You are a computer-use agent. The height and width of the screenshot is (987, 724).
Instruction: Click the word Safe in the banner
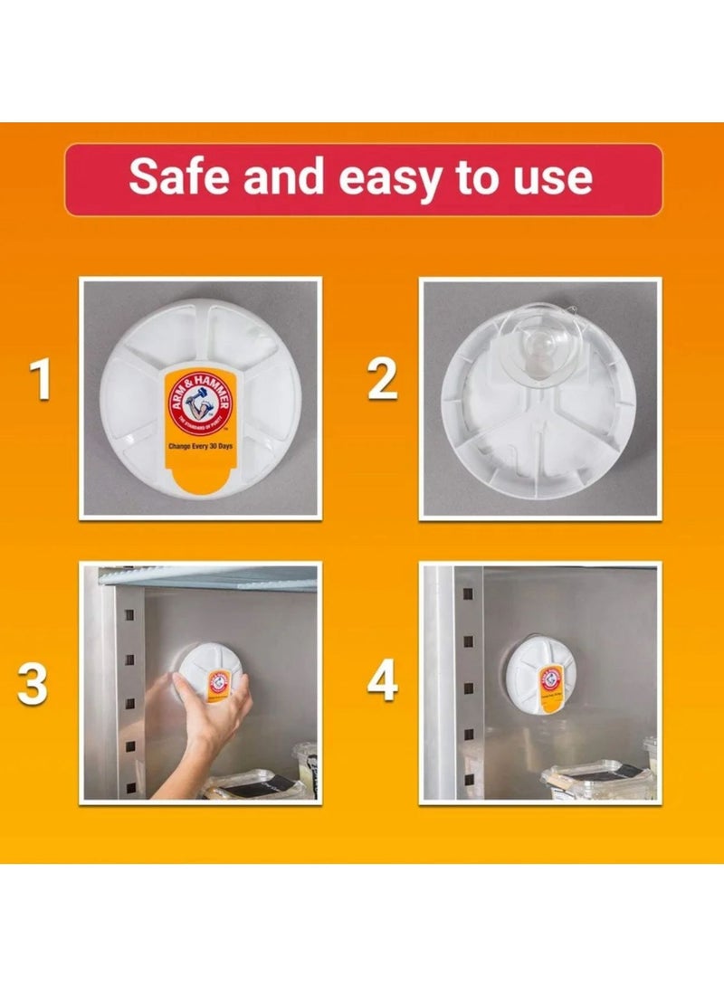tap(180, 178)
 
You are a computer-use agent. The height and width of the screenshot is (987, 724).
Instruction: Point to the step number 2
tap(382, 380)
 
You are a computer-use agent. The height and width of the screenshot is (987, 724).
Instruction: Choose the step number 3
tap(33, 685)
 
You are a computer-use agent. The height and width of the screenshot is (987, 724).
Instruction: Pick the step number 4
tap(382, 682)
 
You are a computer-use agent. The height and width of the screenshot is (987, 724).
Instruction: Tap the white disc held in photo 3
tap(208, 674)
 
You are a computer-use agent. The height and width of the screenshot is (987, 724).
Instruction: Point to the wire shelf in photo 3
tap(208, 577)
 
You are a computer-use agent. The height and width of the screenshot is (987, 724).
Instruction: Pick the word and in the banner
tap(282, 178)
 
